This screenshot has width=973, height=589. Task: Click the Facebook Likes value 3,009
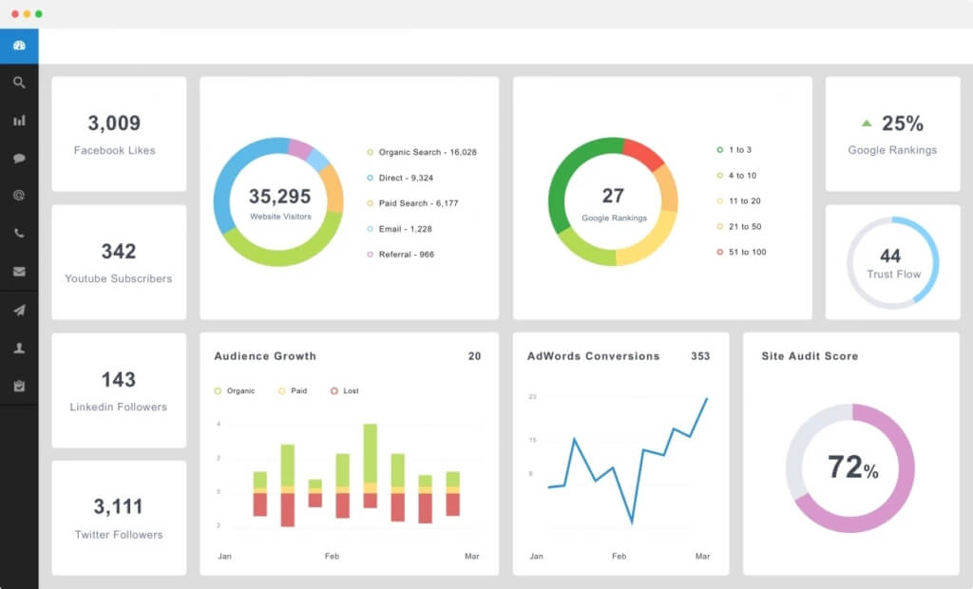114,123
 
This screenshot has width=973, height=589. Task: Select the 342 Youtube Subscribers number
119,252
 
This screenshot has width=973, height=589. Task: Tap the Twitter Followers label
119,535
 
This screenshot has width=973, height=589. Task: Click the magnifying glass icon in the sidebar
19,83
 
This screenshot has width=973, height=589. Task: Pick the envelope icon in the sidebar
19,272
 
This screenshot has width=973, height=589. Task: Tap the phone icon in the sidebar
19,234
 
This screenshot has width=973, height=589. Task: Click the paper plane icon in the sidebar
19,311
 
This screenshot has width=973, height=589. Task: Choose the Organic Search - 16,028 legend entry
422,152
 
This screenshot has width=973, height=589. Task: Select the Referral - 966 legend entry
401,255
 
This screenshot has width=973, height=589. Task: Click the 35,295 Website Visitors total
280,196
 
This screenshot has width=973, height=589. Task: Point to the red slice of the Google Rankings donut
643,153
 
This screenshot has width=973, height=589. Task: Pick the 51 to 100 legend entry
741,252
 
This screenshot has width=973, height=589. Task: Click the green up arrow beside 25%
867,123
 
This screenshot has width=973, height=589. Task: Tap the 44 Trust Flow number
890,256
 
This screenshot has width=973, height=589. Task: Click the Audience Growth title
265,356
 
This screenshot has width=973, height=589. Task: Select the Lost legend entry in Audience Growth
345,391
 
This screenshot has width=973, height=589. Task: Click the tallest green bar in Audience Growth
370,453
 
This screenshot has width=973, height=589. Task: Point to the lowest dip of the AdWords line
632,522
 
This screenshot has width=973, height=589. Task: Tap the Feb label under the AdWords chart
620,556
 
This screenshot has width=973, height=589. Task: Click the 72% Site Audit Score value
852,467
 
